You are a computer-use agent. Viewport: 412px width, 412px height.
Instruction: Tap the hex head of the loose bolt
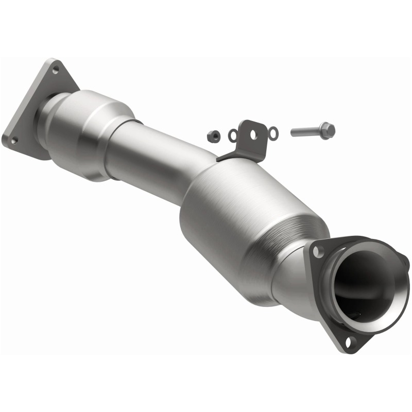point(328,130)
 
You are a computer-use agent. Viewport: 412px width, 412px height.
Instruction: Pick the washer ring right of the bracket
point(273,134)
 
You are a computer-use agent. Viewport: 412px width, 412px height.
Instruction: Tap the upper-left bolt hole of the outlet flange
point(319,251)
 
